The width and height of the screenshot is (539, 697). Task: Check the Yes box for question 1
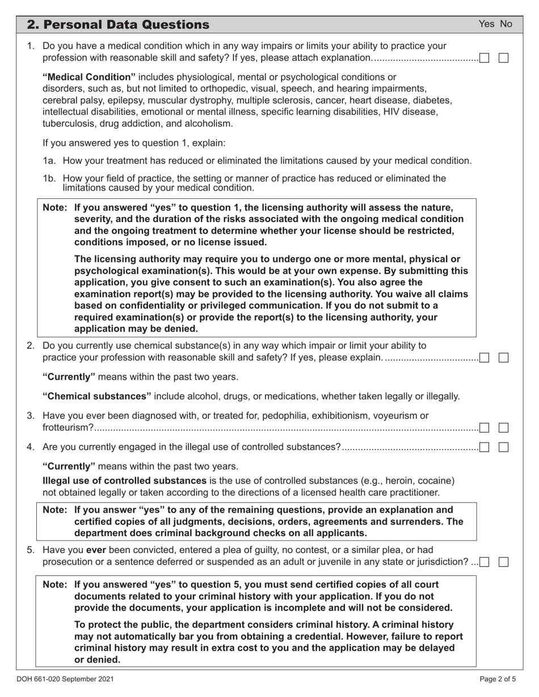(x=485, y=58)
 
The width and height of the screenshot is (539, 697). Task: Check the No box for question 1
(x=503, y=58)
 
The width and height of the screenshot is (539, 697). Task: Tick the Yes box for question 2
(x=485, y=358)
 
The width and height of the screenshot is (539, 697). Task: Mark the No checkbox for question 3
(x=503, y=428)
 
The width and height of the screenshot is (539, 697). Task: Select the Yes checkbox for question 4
(x=485, y=447)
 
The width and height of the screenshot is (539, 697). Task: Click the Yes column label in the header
(x=486, y=24)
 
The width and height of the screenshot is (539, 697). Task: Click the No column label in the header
(x=506, y=24)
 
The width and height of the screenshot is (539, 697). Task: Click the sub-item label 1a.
(x=49, y=161)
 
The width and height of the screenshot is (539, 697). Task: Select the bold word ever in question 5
(x=96, y=550)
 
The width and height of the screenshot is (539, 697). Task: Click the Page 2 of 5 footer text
(x=498, y=678)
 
